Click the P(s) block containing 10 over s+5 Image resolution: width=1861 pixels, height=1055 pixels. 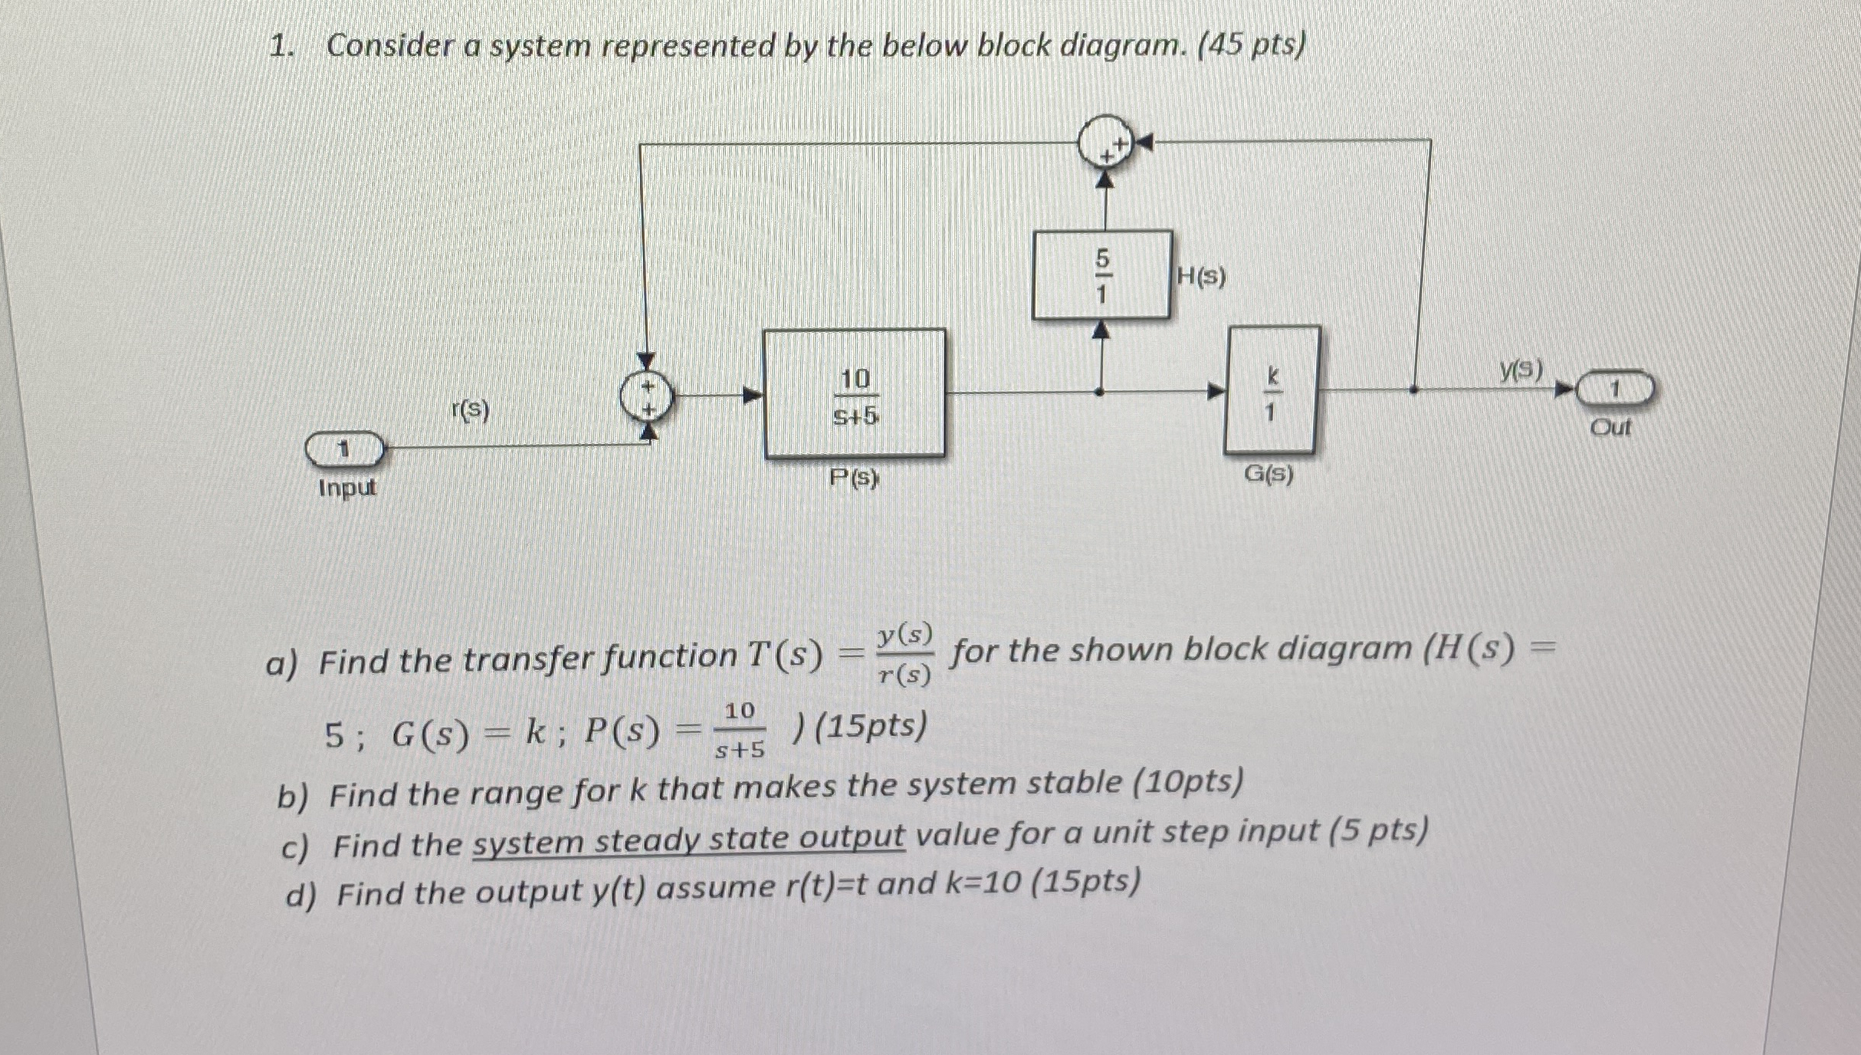pyautogui.click(x=854, y=394)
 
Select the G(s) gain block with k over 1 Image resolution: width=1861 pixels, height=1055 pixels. pyautogui.click(x=1272, y=390)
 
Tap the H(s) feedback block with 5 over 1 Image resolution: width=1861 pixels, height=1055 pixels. pyautogui.click(x=1101, y=275)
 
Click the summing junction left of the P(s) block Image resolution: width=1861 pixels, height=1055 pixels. pyautogui.click(x=648, y=397)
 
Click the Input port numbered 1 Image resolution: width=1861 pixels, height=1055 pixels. pyautogui.click(x=344, y=449)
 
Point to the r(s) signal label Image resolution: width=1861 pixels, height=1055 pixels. pyautogui.click(x=470, y=411)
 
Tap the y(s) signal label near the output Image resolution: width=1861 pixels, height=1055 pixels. pyautogui.click(x=1521, y=371)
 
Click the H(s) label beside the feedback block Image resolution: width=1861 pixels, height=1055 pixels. pyautogui.click(x=1201, y=277)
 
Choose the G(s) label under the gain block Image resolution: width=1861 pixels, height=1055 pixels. pyautogui.click(x=1269, y=475)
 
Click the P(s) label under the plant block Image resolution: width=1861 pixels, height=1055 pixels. pyautogui.click(x=855, y=479)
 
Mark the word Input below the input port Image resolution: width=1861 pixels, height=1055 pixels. pyautogui.click(x=347, y=488)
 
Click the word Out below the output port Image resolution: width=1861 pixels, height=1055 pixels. pyautogui.click(x=1610, y=428)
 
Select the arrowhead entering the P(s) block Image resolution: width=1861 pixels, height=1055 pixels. pyautogui.click(x=753, y=396)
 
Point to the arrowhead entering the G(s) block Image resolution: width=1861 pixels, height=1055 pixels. pyautogui.click(x=1216, y=391)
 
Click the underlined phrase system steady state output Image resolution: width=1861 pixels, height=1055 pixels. pyautogui.click(x=688, y=841)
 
